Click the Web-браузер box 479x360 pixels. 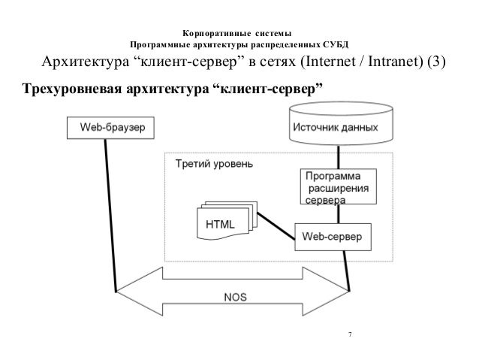pos(111,128)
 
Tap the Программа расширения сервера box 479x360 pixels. pos(339,187)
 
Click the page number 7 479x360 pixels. pos(348,334)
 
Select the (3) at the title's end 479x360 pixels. pos(436,62)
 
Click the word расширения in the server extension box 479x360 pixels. pos(338,188)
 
